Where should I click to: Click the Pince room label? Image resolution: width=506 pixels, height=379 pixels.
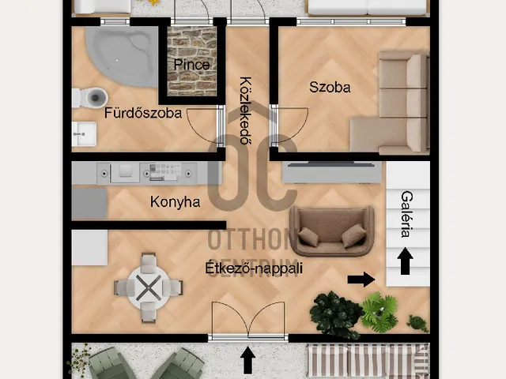191,65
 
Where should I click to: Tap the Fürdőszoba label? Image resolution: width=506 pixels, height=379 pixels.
143,113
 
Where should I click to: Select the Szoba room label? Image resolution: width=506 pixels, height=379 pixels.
330,88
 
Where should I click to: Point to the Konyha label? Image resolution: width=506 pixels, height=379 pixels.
175,202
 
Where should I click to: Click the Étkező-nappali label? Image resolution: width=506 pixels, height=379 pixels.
254,268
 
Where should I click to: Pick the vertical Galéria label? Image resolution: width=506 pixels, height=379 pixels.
407,214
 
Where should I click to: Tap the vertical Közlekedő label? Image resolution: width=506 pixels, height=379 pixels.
246,111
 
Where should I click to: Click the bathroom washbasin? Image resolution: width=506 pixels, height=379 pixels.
84,133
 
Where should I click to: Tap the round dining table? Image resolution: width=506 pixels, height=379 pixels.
149,287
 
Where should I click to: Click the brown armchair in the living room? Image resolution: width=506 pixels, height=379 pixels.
332,231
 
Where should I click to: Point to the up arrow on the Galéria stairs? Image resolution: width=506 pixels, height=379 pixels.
406,261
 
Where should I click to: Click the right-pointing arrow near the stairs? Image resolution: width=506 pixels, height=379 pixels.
361,279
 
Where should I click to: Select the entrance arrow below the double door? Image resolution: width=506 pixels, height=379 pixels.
247,360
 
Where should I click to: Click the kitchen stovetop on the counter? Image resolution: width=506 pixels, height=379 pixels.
163,173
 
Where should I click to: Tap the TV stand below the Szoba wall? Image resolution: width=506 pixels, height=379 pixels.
332,173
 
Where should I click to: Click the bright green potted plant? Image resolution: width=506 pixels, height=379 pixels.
379,312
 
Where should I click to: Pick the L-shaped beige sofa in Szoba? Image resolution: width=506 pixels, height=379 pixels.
391,103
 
